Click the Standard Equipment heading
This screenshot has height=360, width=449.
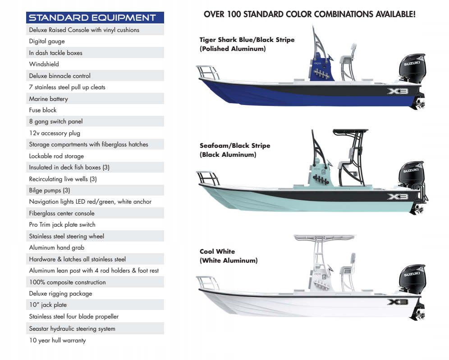92,18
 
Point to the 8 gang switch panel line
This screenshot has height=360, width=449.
55,121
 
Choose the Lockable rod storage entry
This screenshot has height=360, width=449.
56,156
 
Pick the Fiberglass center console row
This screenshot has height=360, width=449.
62,213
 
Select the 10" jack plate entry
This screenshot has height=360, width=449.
48,305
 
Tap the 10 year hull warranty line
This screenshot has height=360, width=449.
57,340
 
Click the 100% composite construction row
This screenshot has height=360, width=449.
67,282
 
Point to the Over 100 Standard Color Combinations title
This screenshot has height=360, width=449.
309,14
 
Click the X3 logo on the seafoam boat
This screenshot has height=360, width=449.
397,196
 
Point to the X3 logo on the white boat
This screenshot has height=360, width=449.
397,302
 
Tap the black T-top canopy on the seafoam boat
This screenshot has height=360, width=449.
350,132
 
